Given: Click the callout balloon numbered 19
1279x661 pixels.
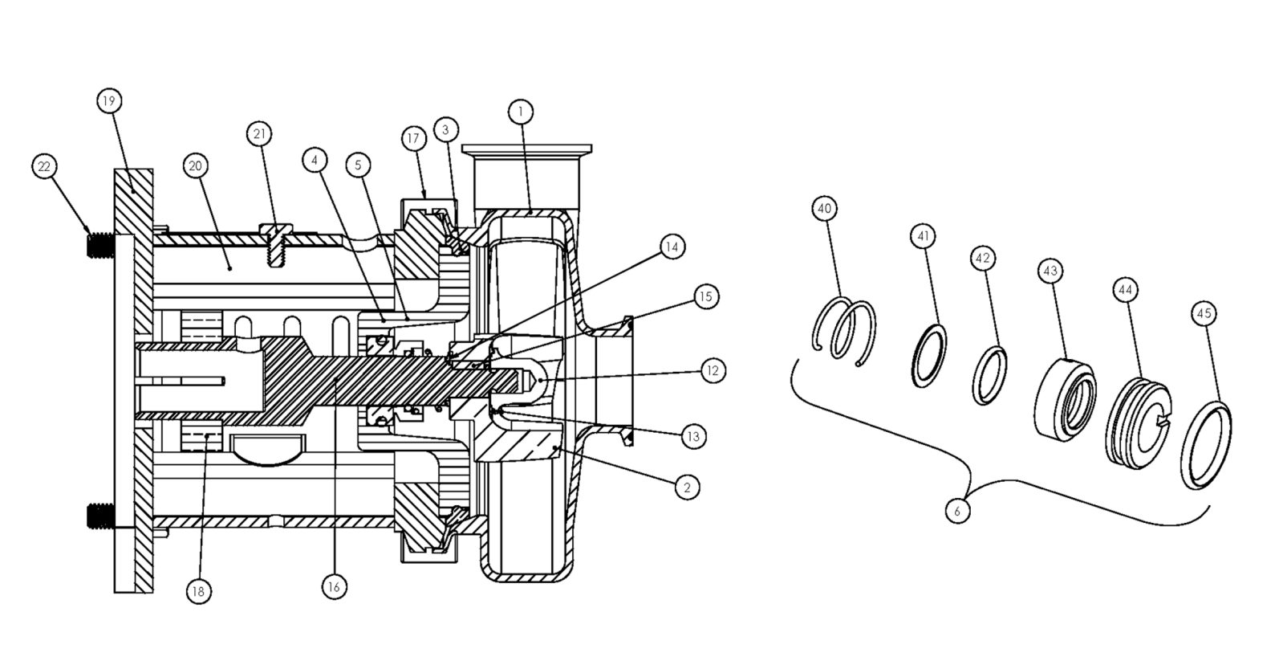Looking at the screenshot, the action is coord(109,101).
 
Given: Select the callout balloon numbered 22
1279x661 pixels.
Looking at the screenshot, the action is coord(44,166).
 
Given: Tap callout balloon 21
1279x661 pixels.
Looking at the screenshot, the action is coord(259,133).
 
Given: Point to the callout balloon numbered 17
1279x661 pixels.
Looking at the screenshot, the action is coord(413,138).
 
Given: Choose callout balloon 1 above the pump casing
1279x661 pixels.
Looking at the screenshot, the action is coord(520,112).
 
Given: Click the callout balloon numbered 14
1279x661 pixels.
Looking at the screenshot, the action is coord(672,247).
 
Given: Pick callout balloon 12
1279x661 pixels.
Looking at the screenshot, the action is coord(713,371).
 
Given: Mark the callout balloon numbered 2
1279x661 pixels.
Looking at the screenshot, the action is coord(687,488).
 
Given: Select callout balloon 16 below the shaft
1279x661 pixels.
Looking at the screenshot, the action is coord(334,587).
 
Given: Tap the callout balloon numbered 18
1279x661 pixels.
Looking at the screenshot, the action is coord(198,591).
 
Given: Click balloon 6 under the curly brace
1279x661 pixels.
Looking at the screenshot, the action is coord(957,511).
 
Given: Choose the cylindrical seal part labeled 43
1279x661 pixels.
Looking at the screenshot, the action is coord(1066,399).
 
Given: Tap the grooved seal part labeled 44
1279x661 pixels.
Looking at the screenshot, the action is coord(1138,422).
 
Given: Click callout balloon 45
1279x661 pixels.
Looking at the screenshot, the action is coord(1204,314).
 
